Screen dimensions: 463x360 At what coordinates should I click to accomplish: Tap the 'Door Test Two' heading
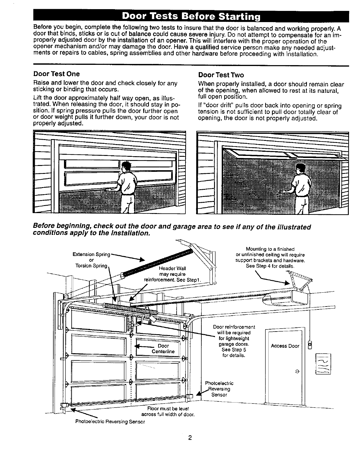click(x=221, y=75)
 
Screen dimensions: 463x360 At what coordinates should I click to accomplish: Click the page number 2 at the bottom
click(x=190, y=437)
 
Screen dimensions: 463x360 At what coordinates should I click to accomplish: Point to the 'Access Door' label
click(x=285, y=346)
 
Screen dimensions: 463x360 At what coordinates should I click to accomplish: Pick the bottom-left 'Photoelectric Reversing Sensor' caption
click(x=110, y=421)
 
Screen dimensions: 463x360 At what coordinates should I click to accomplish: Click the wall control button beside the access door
click(x=309, y=345)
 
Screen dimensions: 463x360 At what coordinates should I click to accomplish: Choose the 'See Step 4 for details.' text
click(x=270, y=266)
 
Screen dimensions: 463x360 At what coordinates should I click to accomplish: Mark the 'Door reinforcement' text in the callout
click(x=234, y=327)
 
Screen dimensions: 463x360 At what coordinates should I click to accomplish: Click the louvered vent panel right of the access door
click(x=323, y=364)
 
